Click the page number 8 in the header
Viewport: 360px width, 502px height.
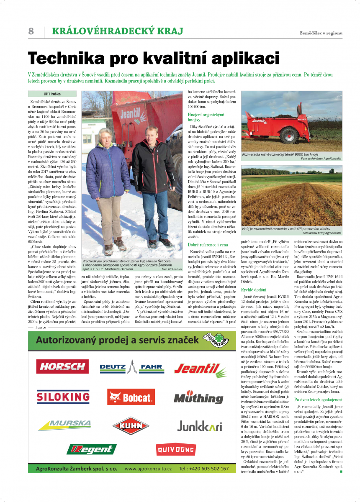coord(31,31)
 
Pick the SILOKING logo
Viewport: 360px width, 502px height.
coord(62,396)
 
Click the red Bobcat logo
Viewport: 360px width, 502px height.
coord(131,396)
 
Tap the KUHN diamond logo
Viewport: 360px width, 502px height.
coord(131,425)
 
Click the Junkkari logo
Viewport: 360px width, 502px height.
coord(199,424)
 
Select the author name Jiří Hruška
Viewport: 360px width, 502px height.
coord(52,94)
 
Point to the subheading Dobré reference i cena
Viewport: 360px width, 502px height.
coord(208,244)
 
